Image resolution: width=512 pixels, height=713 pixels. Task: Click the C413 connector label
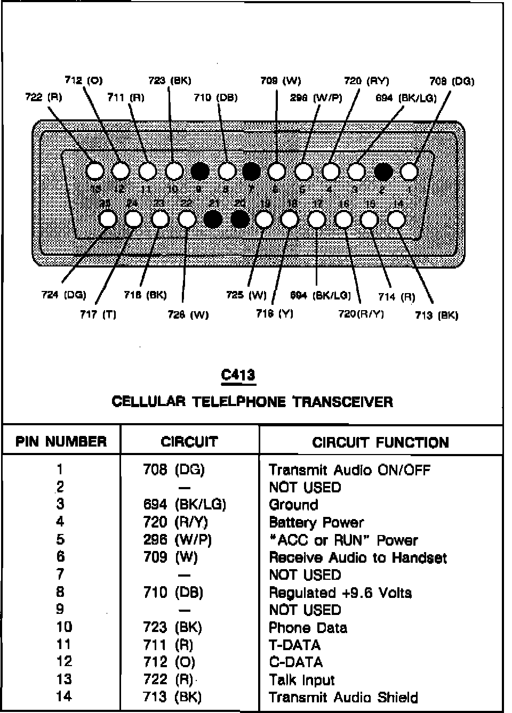click(x=238, y=375)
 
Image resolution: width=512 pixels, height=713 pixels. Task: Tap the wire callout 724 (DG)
click(x=63, y=295)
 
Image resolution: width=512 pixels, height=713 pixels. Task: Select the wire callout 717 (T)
click(x=98, y=314)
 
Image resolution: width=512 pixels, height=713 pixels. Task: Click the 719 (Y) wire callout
click(x=275, y=314)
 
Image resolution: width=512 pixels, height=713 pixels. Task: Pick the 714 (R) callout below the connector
click(x=396, y=297)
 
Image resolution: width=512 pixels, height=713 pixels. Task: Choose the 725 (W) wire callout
click(x=246, y=295)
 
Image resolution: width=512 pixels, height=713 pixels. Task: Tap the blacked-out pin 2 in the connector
click(x=383, y=171)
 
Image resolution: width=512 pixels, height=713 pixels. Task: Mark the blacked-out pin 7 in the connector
click(x=251, y=171)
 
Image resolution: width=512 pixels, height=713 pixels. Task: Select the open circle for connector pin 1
click(x=409, y=171)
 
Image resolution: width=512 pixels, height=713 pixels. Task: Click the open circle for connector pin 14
click(x=396, y=219)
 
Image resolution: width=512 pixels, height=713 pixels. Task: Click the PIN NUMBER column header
click(x=61, y=442)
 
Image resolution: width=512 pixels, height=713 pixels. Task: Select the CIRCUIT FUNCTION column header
click(x=380, y=442)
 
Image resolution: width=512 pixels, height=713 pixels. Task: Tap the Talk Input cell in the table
click(x=301, y=680)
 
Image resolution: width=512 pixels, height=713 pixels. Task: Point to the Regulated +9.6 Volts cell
click(x=340, y=593)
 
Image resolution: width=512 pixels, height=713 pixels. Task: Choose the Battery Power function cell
click(x=316, y=522)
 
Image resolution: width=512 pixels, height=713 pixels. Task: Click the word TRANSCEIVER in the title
click(x=343, y=402)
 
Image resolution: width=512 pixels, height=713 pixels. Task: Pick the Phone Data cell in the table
click(x=308, y=628)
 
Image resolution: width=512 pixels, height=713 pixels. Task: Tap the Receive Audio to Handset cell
click(x=357, y=557)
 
